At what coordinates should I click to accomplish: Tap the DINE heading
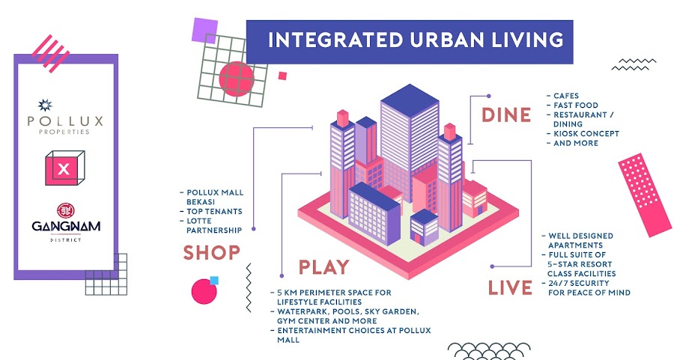pyautogui.click(x=506, y=115)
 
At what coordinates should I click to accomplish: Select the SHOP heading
pyautogui.click(x=211, y=252)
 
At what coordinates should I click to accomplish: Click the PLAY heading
pyautogui.click(x=324, y=266)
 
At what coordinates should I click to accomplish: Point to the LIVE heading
pyautogui.click(x=510, y=287)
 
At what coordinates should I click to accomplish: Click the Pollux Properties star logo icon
pyautogui.click(x=45, y=105)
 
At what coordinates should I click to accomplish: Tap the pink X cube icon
pyautogui.click(x=64, y=168)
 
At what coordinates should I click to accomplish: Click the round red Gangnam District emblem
pyautogui.click(x=66, y=210)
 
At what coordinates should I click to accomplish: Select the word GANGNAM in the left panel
pyautogui.click(x=66, y=226)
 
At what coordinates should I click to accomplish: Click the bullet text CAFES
pyautogui.click(x=566, y=96)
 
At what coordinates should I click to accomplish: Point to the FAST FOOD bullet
pyautogui.click(x=576, y=106)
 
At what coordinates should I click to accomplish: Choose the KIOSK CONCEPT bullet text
pyautogui.click(x=586, y=134)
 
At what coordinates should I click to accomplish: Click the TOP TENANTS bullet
pyautogui.click(x=214, y=211)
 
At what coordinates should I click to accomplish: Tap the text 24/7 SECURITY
pyautogui.click(x=579, y=283)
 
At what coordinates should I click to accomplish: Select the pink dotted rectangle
pyautogui.click(x=645, y=195)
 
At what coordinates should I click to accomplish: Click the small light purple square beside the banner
pyautogui.click(x=204, y=30)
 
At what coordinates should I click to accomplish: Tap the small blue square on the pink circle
pyautogui.click(x=214, y=281)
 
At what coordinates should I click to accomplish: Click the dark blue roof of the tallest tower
pyautogui.click(x=410, y=100)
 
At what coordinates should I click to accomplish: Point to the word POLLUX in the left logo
pyautogui.click(x=65, y=120)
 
